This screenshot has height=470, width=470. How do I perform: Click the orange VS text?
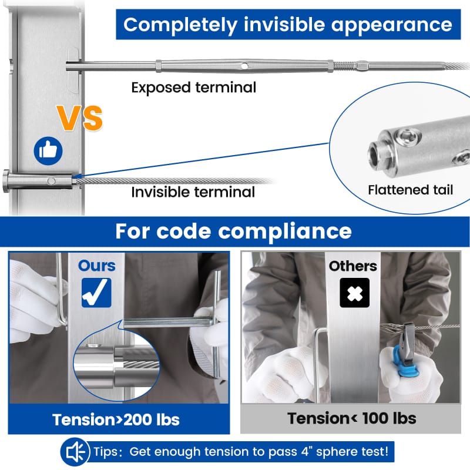point(80,118)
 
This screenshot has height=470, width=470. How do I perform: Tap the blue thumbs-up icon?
point(48,151)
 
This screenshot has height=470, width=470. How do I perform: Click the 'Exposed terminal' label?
point(193,88)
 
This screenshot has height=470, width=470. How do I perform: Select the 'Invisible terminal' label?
point(193,192)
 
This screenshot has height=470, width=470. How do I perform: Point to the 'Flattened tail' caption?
point(410,190)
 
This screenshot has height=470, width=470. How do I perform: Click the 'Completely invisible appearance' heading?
point(288,25)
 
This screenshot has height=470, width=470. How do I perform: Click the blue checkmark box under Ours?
point(96,292)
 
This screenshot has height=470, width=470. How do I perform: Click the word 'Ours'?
point(97,266)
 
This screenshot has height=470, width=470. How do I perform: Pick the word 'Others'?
point(352,266)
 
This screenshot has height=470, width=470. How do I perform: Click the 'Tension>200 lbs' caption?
point(116,419)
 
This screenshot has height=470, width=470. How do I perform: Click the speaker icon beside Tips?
point(75,452)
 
